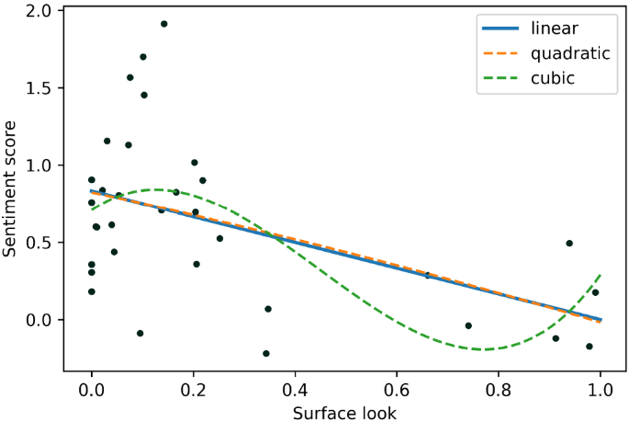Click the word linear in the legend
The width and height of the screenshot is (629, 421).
point(553,28)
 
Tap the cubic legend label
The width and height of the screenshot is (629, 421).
point(552,78)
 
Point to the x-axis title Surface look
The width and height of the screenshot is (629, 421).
point(344,413)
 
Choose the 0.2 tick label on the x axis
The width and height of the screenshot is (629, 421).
point(193,390)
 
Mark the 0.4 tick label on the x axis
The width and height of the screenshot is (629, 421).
point(295,390)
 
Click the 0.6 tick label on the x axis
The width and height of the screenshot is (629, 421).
point(397,390)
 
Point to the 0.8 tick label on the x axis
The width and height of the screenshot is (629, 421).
point(499,390)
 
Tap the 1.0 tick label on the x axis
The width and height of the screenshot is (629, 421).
point(601,390)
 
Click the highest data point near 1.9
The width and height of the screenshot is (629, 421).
point(163,24)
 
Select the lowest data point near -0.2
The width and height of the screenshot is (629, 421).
point(266,353)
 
